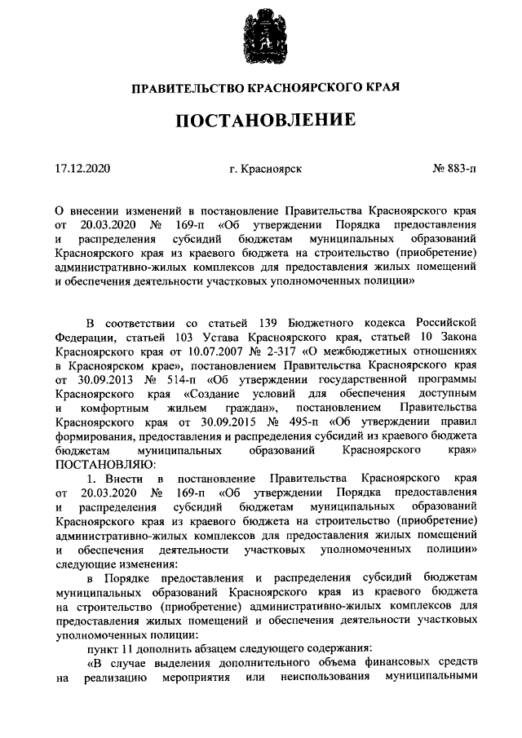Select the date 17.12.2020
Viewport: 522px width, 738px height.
click(x=82, y=170)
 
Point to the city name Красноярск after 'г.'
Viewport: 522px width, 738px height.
click(x=273, y=170)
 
